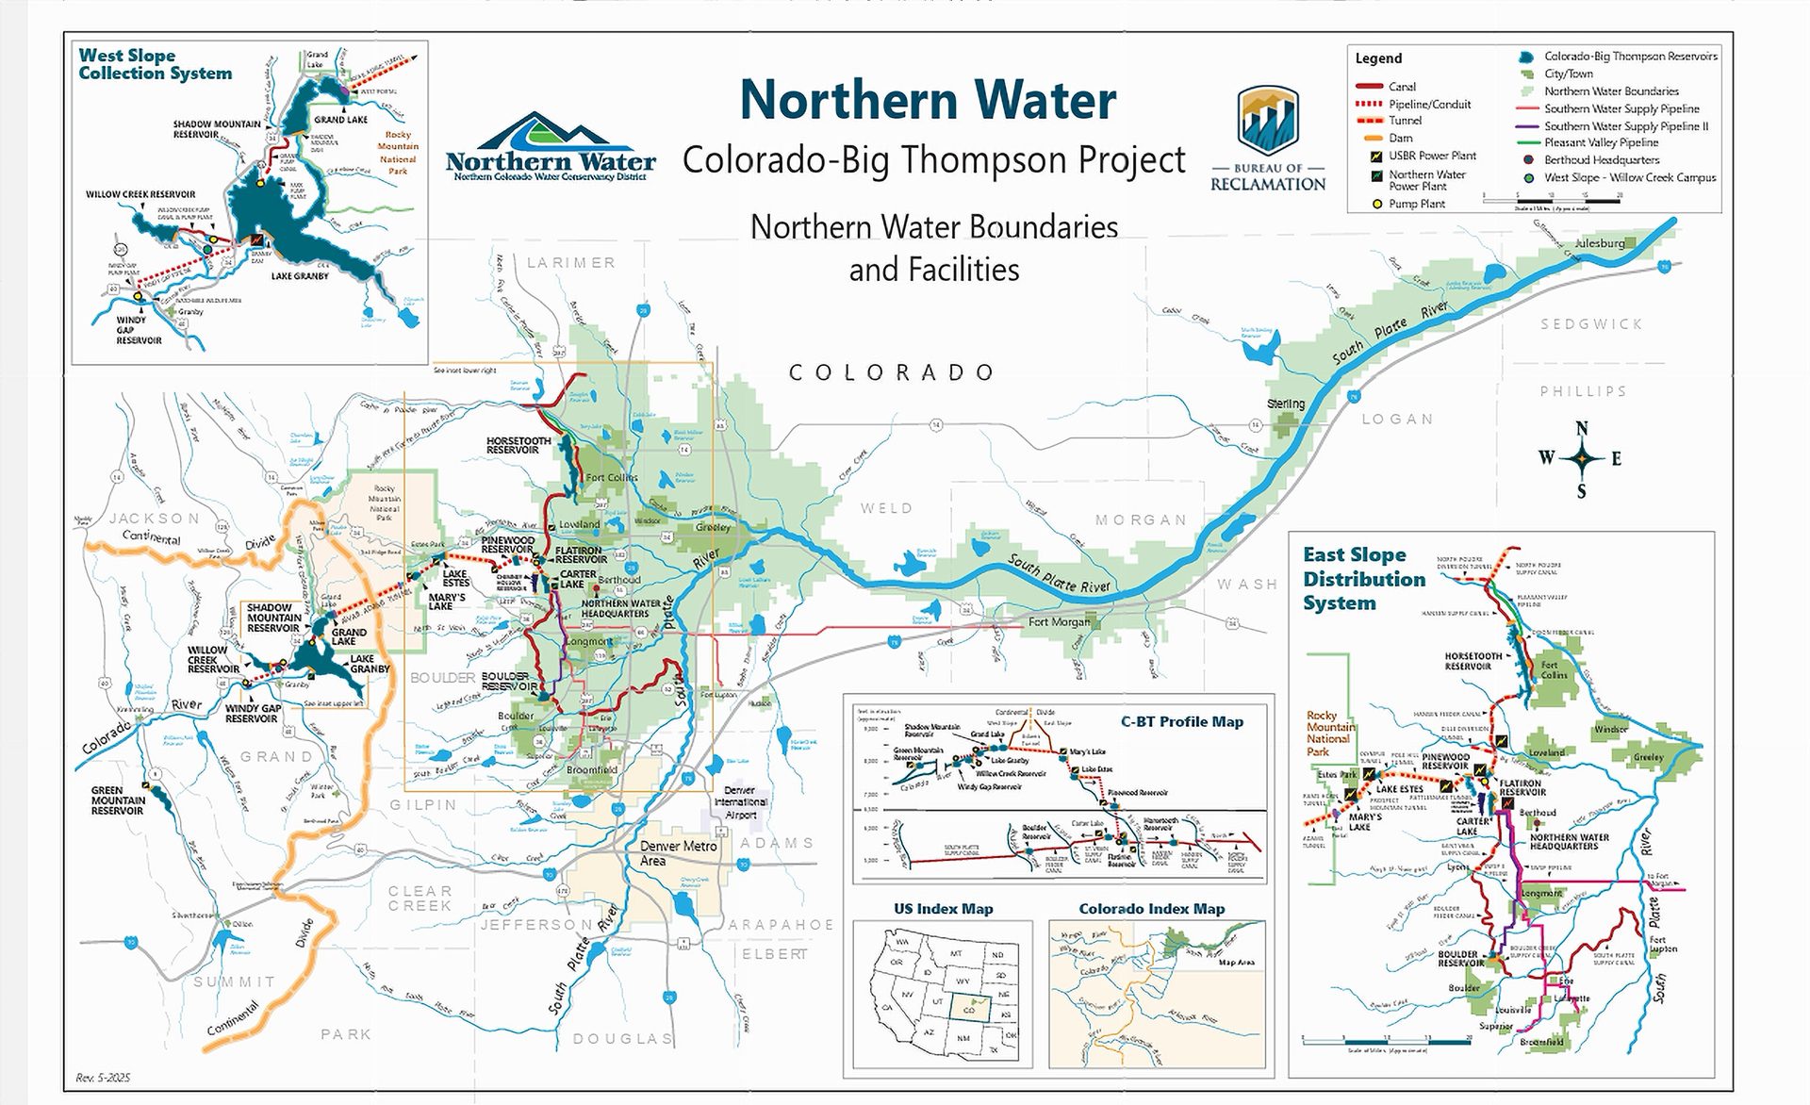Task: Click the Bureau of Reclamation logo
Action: tap(1268, 138)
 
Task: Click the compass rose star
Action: tap(1582, 459)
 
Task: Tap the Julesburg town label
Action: tap(1600, 243)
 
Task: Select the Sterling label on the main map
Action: tap(1286, 404)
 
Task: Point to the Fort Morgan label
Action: tap(1060, 621)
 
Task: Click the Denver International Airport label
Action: tap(740, 801)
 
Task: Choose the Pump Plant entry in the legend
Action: tap(1416, 204)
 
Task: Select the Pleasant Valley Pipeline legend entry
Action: tap(1601, 142)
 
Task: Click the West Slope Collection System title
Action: tap(155, 64)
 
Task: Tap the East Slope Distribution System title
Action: tap(1363, 579)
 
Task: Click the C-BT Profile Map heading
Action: tap(1181, 721)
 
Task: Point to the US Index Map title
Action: tap(943, 909)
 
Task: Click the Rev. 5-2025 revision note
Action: tap(103, 1078)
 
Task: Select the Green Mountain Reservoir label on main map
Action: tap(118, 800)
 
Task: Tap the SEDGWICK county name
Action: tap(1591, 323)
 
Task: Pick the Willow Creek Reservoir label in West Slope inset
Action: tap(140, 194)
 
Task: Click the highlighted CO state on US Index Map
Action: tap(968, 1009)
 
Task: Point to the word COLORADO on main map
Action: tap(892, 372)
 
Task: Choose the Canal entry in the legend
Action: tap(1402, 87)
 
